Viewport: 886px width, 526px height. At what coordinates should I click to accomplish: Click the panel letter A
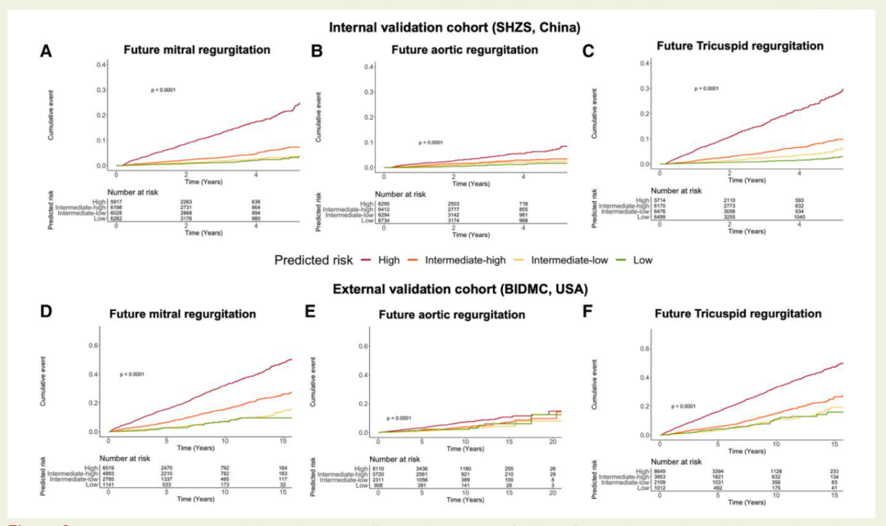48,51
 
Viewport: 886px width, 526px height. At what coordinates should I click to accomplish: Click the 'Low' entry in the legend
642,260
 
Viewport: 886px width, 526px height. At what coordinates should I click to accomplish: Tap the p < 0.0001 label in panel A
163,90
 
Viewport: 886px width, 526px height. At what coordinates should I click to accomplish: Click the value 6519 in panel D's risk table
109,467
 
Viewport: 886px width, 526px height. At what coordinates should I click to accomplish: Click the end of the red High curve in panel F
843,363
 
